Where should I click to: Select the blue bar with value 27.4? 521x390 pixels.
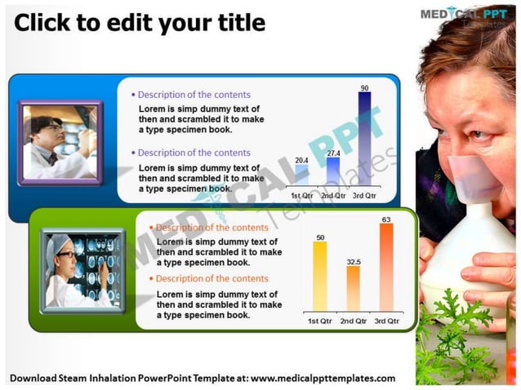pyautogui.click(x=333, y=172)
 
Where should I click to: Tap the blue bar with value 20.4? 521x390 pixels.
pyautogui.click(x=302, y=178)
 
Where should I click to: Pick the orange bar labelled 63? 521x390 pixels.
pyautogui.click(x=386, y=267)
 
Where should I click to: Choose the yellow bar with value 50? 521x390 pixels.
pyautogui.click(x=320, y=276)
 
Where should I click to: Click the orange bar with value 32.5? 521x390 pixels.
pyautogui.click(x=353, y=288)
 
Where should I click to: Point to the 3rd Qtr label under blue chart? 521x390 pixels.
pyautogui.click(x=364, y=196)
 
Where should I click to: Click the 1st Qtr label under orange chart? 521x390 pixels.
pyautogui.click(x=320, y=321)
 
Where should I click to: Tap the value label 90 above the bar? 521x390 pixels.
pyautogui.click(x=364, y=87)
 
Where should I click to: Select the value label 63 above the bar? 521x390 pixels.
pyautogui.click(x=386, y=219)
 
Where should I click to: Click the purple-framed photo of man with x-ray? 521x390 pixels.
pyautogui.click(x=60, y=143)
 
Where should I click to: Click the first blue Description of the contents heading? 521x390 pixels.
pyautogui.click(x=194, y=95)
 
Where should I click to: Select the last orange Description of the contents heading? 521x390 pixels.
pyautogui.click(x=212, y=279)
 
